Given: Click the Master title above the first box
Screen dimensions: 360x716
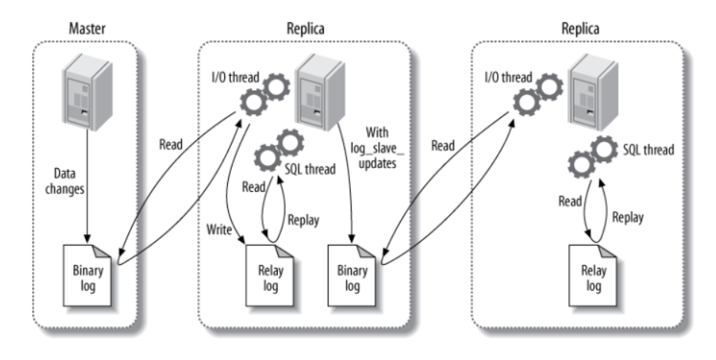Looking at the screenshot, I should pyautogui.click(x=85, y=28).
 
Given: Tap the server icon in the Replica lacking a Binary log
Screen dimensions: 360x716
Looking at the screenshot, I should pyautogui.click(x=593, y=91).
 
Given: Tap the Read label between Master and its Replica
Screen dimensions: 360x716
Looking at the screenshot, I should pyautogui.click(x=170, y=144).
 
